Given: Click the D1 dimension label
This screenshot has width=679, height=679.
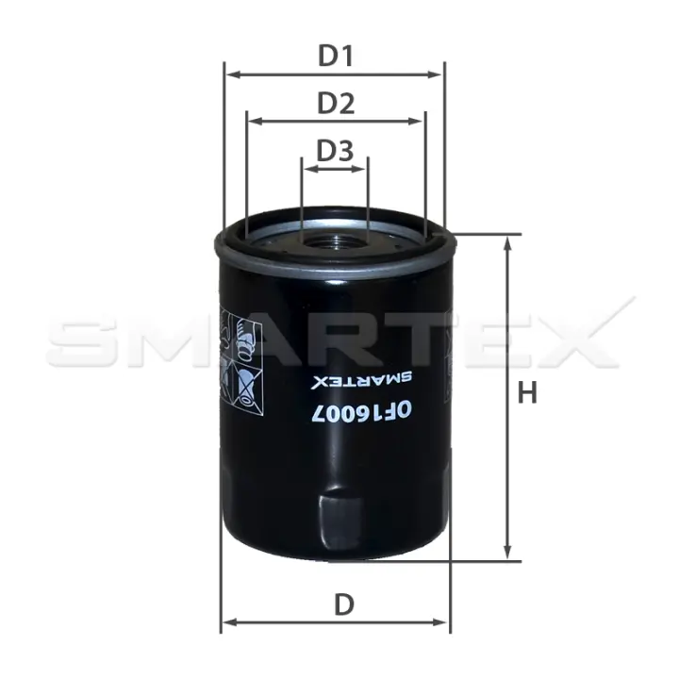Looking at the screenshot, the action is [x=336, y=56].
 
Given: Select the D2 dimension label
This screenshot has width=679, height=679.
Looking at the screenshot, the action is [x=336, y=103].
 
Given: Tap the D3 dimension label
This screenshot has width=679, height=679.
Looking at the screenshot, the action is [x=335, y=150].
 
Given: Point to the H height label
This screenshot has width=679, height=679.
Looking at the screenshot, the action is [x=527, y=392].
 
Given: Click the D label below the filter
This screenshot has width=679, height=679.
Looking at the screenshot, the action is [x=344, y=604].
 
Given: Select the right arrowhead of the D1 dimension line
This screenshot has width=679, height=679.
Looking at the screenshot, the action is [x=435, y=75].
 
